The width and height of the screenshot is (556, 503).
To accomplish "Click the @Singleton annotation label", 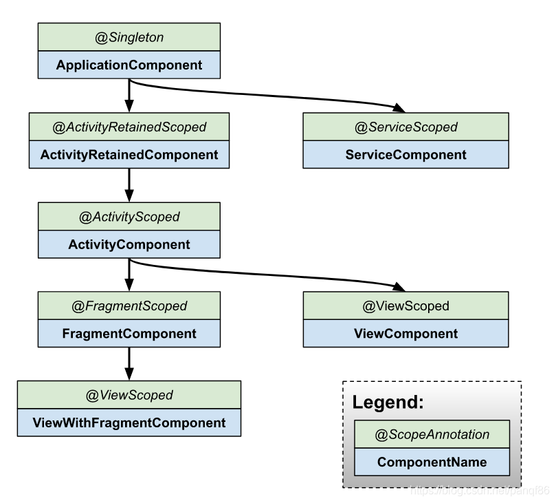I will [129, 37].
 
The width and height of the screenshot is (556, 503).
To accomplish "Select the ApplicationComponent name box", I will [129, 65].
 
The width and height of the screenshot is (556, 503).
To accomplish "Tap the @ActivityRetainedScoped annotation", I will [129, 127].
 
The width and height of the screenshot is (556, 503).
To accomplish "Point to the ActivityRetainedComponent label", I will [129, 155].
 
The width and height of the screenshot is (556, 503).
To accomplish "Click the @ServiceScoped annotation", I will [405, 127].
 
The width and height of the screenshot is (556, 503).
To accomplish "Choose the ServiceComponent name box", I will [405, 155].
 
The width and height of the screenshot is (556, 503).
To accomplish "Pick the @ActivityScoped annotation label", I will [129, 216].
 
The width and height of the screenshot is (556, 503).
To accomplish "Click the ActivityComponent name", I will [129, 244].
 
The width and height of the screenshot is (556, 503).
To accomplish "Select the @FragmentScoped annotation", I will [129, 306].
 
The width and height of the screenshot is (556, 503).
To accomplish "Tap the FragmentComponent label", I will [129, 334].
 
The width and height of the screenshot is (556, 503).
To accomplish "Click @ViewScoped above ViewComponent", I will [405, 306].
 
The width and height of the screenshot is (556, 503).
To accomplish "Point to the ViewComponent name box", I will [405, 334].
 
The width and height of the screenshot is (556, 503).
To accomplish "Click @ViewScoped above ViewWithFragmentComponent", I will [129, 395].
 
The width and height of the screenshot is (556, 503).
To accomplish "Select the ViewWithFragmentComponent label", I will [129, 422].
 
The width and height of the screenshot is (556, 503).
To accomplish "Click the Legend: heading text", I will [388, 403].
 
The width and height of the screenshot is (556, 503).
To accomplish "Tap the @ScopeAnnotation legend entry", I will [432, 434].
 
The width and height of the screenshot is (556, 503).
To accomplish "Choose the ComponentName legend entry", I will [432, 462].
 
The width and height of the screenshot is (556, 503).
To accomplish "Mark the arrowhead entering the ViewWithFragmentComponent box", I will [129, 375].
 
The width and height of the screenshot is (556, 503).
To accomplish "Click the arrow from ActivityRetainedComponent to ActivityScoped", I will [129, 184].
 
